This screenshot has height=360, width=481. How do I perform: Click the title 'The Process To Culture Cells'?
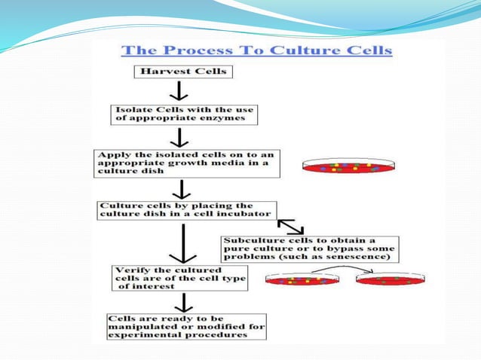(257, 51)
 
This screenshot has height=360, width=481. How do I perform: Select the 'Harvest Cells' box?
(183, 72)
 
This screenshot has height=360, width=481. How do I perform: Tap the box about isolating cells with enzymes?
(184, 114)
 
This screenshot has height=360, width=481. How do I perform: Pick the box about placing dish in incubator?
(187, 209)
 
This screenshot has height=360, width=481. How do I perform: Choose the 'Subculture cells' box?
(309, 249)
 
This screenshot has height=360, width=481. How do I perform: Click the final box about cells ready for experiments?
(186, 325)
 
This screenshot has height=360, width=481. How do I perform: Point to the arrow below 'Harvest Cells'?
(179, 91)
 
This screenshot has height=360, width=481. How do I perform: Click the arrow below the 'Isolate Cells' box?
(179, 137)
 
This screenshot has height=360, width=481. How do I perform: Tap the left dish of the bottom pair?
(302, 279)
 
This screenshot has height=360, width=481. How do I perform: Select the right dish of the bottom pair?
(390, 279)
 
